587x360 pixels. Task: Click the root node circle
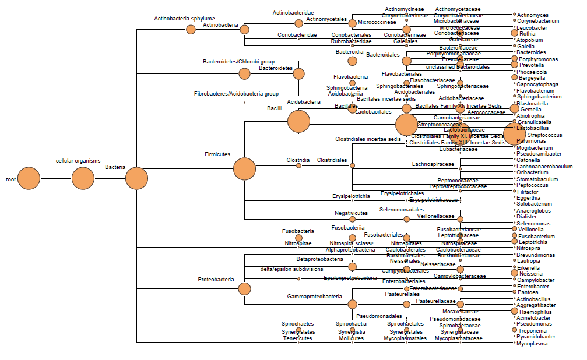(x=29, y=178)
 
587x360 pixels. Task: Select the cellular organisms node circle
(x=83, y=178)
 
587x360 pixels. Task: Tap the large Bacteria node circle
(x=136, y=178)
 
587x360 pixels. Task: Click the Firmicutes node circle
(x=244, y=169)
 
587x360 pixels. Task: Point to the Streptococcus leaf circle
(x=515, y=133)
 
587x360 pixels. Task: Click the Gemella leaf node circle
(x=514, y=108)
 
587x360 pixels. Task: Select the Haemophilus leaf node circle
(x=514, y=311)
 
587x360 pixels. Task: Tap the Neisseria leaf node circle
(x=514, y=273)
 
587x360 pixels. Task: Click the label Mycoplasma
(x=532, y=344)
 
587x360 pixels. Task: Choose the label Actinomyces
(x=532, y=15)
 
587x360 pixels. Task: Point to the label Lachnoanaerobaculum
(x=544, y=167)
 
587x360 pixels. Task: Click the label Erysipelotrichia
(x=351, y=196)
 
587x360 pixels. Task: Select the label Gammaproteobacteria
(x=315, y=296)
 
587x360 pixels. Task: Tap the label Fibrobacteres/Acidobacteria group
(x=236, y=94)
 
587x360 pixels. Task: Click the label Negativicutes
(x=351, y=213)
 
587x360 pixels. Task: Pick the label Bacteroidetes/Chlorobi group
(x=238, y=61)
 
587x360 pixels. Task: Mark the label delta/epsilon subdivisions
(x=291, y=269)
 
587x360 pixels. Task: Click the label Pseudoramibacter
(x=539, y=154)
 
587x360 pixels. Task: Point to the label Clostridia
(x=298, y=160)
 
